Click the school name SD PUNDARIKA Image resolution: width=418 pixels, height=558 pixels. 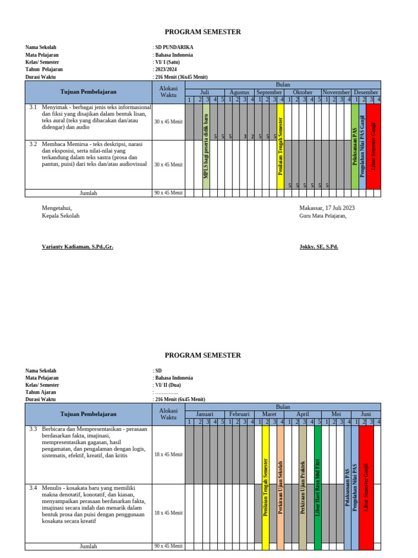(175, 47)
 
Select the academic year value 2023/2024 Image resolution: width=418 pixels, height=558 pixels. (169, 69)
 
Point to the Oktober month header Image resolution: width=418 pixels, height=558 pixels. (303, 92)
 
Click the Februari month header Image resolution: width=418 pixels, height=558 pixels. (239, 414)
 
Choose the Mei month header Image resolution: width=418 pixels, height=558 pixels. (336, 414)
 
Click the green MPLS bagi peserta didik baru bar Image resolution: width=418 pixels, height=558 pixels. (206, 146)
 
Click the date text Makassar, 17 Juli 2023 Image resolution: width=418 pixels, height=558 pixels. (327, 208)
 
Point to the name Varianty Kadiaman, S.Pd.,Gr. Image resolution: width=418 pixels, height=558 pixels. (77, 247)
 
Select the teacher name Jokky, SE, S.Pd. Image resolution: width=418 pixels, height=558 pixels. (319, 247)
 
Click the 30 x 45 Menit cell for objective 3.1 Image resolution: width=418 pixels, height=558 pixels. (168, 122)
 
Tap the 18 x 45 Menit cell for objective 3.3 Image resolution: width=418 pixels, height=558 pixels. (168, 454)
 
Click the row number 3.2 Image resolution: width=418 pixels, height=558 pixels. (33, 144)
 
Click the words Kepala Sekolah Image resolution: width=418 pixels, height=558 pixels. (60, 216)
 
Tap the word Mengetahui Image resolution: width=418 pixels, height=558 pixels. (57, 208)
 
